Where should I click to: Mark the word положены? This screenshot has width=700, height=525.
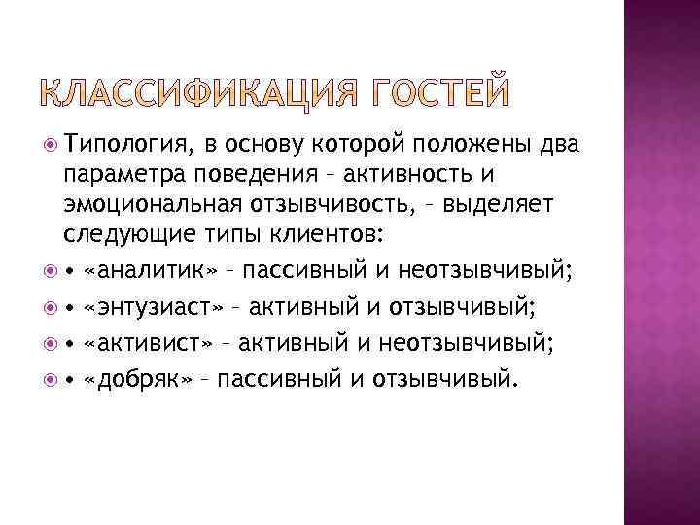pos(475,145)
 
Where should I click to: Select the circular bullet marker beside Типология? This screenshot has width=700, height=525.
pos(51,144)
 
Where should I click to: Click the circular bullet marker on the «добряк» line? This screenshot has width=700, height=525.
pos(51,376)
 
